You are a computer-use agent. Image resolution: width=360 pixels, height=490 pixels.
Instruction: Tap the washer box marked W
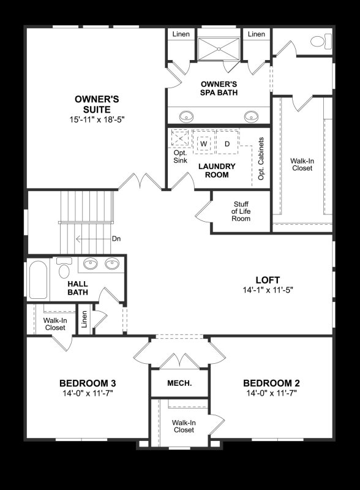[x=204, y=143]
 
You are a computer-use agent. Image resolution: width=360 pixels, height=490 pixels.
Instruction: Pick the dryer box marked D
[x=227, y=143]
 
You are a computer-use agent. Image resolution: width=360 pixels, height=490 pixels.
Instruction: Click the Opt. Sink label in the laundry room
[x=180, y=157]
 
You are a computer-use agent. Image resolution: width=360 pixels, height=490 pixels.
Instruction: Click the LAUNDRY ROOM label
[x=213, y=170]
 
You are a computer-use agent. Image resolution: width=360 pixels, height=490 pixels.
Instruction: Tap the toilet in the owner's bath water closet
[x=318, y=42]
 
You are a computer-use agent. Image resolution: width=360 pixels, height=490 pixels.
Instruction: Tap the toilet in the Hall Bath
[x=63, y=269]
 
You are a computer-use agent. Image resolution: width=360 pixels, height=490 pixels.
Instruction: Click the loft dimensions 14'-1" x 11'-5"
[x=268, y=290]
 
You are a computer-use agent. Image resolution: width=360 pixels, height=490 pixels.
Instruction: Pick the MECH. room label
[x=179, y=383]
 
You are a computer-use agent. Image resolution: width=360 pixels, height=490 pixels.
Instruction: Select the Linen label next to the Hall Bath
[x=84, y=319]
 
